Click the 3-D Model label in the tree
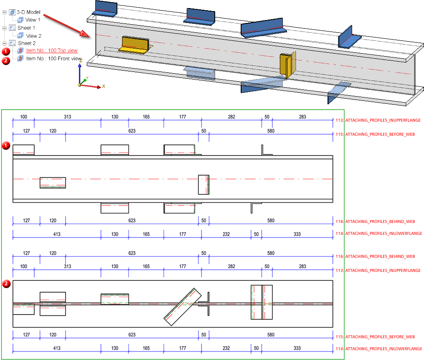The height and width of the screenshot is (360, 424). [28, 12]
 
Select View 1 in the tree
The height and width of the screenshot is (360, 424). [33, 20]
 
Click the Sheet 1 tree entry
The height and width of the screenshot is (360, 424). [26, 28]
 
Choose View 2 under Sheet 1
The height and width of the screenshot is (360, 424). [34, 36]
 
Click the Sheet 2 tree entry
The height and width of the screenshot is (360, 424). [26, 43]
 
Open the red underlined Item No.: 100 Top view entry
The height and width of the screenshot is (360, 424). [51, 51]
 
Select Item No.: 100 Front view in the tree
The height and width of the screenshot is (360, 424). [53, 59]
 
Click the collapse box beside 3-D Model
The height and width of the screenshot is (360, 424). [5, 12]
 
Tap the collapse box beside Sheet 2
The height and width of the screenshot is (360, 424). [5, 43]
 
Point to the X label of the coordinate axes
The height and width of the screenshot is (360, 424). [103, 86]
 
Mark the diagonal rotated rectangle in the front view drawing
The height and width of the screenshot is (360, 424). [182, 307]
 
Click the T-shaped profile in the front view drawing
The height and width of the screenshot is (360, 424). [206, 304]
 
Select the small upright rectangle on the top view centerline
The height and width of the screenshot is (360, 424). [204, 185]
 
